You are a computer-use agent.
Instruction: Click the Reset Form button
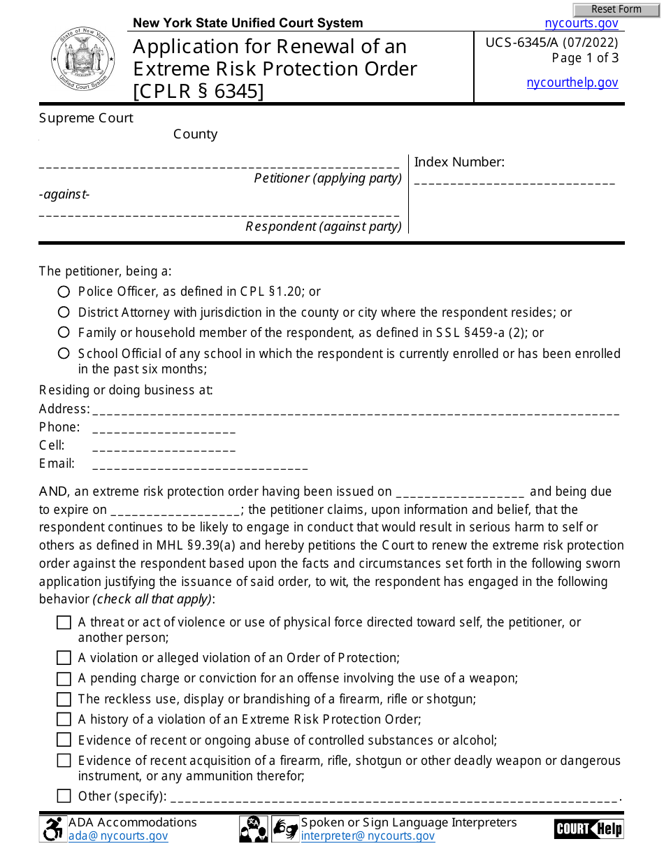click(x=616, y=10)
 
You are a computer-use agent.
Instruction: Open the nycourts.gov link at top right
click(x=582, y=23)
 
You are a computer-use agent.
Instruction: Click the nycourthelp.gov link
click(x=572, y=83)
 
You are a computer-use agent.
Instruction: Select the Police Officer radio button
click(x=64, y=292)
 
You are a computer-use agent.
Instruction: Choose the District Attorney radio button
click(x=64, y=313)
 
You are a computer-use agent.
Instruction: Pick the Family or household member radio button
click(x=64, y=333)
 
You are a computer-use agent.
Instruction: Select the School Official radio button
click(x=64, y=354)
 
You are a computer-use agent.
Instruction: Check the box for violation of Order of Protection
click(x=64, y=658)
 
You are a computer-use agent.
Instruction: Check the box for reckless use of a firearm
click(x=64, y=699)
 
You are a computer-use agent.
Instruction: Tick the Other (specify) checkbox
click(x=64, y=796)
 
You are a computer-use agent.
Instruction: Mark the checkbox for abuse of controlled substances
click(x=64, y=740)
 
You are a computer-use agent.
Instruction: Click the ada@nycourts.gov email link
click(x=118, y=836)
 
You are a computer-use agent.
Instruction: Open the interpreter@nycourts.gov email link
click(x=368, y=836)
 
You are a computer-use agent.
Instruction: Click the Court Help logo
click(x=589, y=829)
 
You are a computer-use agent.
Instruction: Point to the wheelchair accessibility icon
click(x=52, y=829)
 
